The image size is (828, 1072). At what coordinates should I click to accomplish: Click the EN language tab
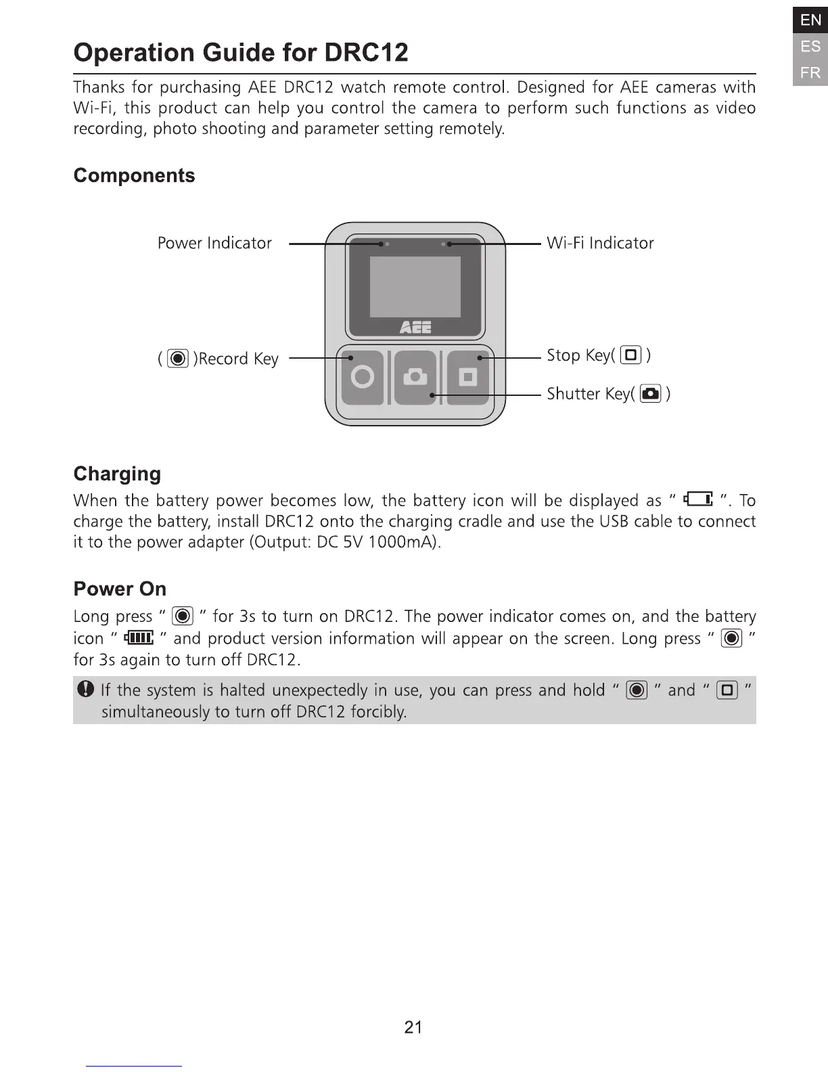pyautogui.click(x=810, y=20)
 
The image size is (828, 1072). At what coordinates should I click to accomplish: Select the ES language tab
pyautogui.click(x=810, y=46)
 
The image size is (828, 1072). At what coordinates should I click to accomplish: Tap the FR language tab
pyautogui.click(x=810, y=72)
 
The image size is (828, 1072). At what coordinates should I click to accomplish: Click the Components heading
pyautogui.click(x=134, y=175)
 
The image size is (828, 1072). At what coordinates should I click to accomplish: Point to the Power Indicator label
pyautogui.click(x=214, y=243)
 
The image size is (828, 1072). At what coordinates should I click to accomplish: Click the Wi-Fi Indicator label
pyautogui.click(x=600, y=243)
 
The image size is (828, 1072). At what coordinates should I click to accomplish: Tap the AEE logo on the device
pyautogui.click(x=415, y=328)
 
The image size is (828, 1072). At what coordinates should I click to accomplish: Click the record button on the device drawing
pyautogui.click(x=363, y=377)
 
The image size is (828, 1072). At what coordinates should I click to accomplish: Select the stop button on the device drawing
pyautogui.click(x=467, y=377)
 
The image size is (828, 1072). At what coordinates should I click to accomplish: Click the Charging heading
pyautogui.click(x=117, y=473)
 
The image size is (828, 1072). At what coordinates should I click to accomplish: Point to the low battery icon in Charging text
pyautogui.click(x=698, y=500)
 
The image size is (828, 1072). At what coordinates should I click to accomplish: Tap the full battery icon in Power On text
pyautogui.click(x=139, y=638)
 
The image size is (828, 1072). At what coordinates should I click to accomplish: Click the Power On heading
pyautogui.click(x=120, y=589)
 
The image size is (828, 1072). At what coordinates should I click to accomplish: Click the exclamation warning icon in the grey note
pyautogui.click(x=85, y=690)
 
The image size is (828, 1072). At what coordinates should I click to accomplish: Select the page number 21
pyautogui.click(x=413, y=1027)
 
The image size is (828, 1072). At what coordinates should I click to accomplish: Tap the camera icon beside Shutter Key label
pyautogui.click(x=650, y=393)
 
